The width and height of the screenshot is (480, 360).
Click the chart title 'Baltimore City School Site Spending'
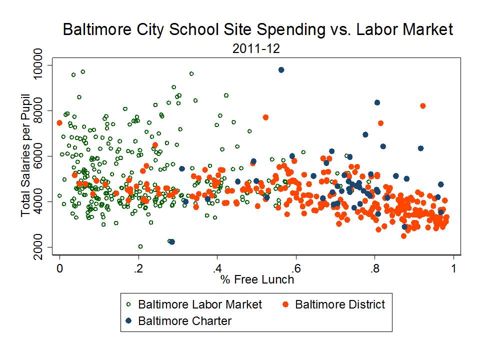pyautogui.click(x=257, y=29)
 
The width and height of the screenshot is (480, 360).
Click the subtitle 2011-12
pyautogui.click(x=257, y=48)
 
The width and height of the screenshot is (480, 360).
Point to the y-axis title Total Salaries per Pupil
pyautogui.click(x=26, y=156)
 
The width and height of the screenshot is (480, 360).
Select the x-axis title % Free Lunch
pyautogui.click(x=257, y=279)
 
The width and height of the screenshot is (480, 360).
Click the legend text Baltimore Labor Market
pyautogui.click(x=200, y=304)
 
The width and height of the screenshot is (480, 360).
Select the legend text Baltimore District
pyautogui.click(x=340, y=304)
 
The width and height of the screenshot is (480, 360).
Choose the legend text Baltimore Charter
pyautogui.click(x=185, y=320)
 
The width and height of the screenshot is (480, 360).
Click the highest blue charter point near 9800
pyautogui.click(x=281, y=70)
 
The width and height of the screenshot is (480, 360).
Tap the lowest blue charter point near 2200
pyautogui.click(x=172, y=241)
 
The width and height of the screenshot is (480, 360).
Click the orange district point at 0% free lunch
pyautogui.click(x=59, y=123)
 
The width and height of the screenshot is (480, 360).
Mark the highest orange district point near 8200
pyautogui.click(x=423, y=106)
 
